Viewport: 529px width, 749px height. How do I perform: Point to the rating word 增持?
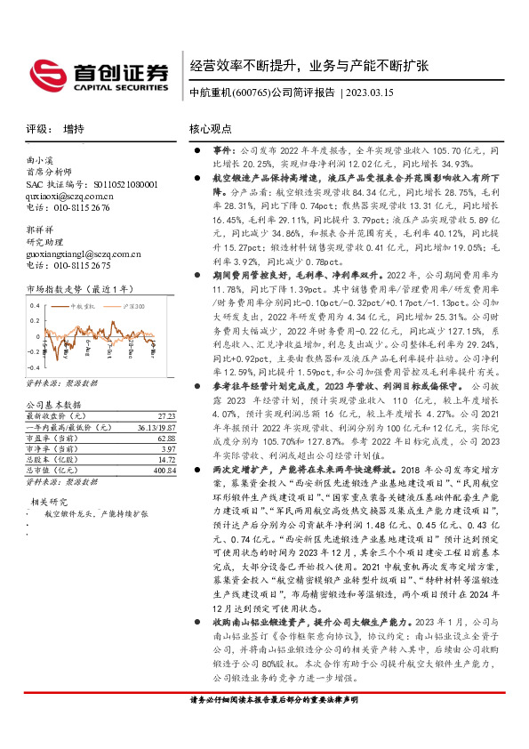[75, 129]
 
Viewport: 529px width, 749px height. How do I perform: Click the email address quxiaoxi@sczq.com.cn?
[69, 196]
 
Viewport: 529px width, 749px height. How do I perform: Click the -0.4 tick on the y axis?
[32, 366]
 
